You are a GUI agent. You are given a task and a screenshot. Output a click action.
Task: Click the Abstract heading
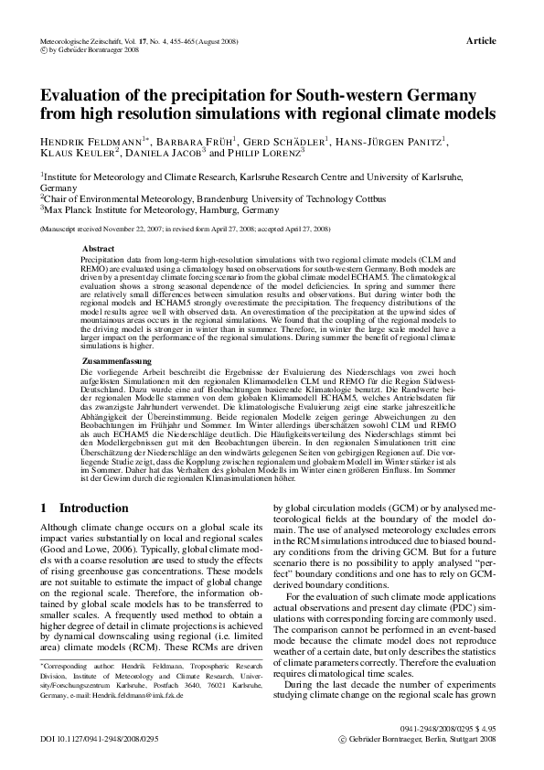click(x=99, y=249)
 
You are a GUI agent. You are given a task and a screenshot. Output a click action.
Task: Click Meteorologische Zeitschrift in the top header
click(x=86, y=42)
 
